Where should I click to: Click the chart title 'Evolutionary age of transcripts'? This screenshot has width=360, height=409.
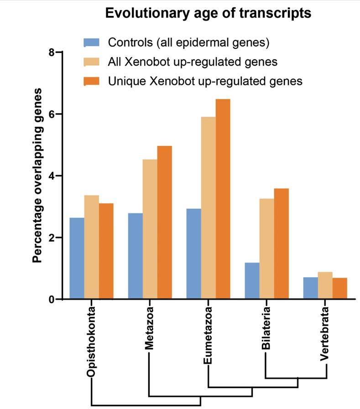[208, 13]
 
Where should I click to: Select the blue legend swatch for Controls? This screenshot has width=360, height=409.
[91, 43]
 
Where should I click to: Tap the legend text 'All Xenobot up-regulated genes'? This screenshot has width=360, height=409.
[193, 61]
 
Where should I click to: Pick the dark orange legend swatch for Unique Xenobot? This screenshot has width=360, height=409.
[91, 81]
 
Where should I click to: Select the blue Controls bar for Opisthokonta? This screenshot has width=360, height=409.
[77, 259]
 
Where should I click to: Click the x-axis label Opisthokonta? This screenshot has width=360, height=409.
[91, 342]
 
